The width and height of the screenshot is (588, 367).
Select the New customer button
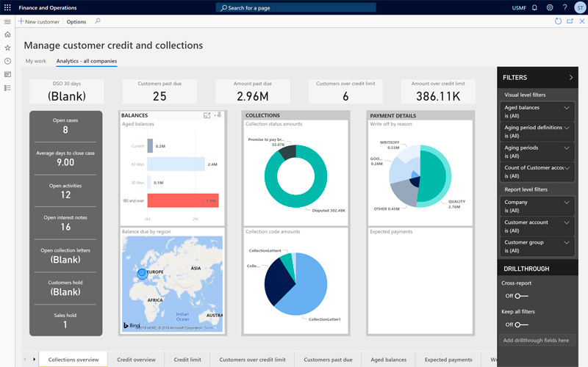tap(40, 22)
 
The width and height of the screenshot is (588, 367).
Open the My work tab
tap(35, 61)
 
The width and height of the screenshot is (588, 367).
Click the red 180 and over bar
tap(182, 200)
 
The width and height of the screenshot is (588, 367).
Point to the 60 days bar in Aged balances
tap(175, 164)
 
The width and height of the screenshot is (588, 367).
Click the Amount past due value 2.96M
tap(252, 95)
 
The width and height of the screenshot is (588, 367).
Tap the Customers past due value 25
tap(159, 95)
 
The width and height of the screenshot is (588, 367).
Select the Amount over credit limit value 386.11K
tap(437, 95)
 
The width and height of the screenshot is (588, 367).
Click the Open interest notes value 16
tap(65, 227)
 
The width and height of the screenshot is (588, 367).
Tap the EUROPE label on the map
tap(154, 271)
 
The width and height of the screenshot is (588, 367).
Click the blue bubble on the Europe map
tap(142, 275)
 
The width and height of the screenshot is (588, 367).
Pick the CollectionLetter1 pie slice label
tap(324, 319)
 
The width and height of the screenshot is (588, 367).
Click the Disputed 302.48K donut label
tap(329, 210)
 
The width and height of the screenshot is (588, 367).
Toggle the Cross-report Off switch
tap(520, 296)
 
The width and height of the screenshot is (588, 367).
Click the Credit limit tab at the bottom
tap(187, 360)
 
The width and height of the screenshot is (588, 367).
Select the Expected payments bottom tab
tap(448, 360)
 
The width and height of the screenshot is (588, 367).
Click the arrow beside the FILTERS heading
tap(571, 77)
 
